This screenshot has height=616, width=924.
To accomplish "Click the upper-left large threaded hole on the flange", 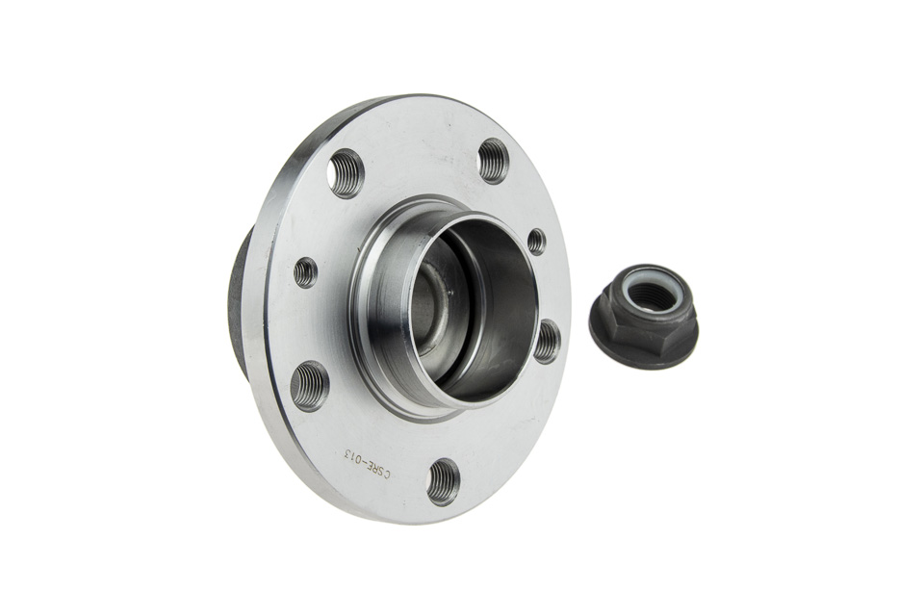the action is pos(347,174).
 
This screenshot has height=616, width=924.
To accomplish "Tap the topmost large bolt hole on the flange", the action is pos(492,160).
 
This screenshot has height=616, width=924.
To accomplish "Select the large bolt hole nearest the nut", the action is pos(548,341).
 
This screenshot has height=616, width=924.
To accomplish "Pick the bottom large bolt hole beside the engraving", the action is pos(443,481).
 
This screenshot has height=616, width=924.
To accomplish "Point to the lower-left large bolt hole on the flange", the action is pos(311,385).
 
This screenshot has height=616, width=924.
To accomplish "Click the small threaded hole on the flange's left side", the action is pos(305,272).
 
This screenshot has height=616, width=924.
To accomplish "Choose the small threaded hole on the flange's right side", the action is pos(536,241).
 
